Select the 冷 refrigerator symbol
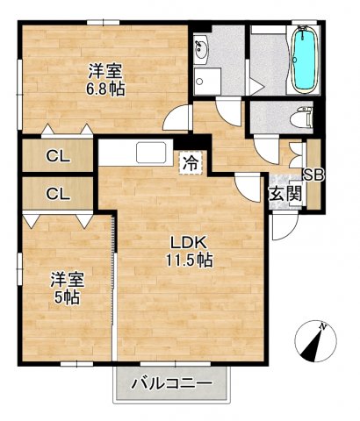[x=189, y=162]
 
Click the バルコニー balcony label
[x=171, y=383]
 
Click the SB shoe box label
[x=313, y=175]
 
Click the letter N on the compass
[x=324, y=328]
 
